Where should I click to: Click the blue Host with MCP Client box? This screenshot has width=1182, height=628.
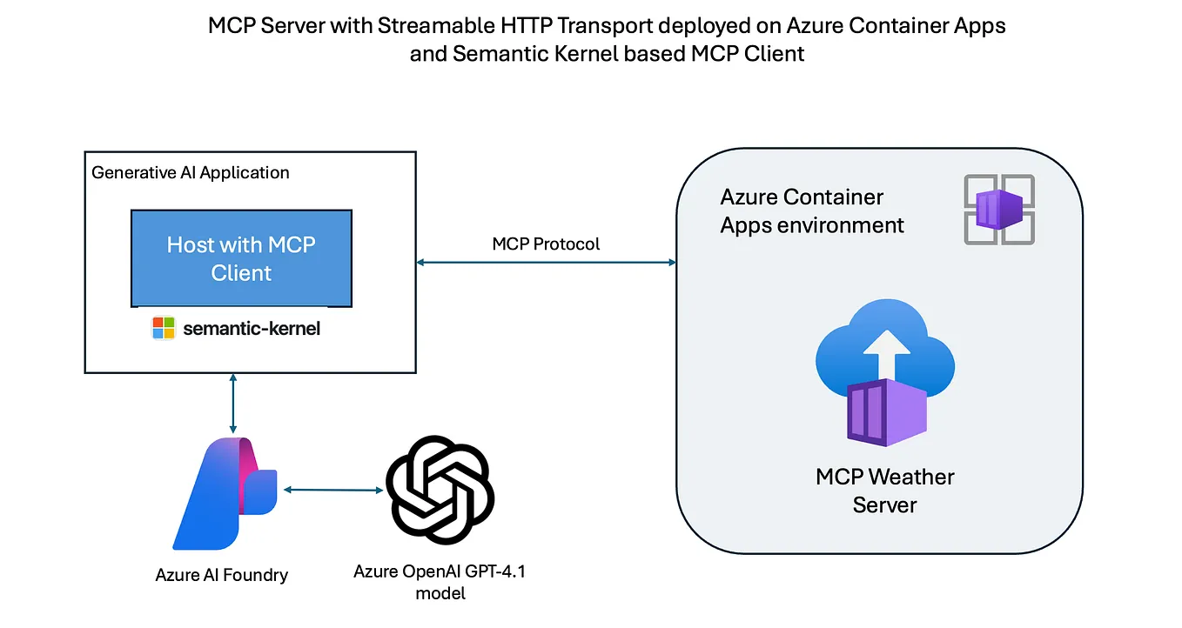(241, 258)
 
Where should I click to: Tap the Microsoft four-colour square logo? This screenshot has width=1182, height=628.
(164, 328)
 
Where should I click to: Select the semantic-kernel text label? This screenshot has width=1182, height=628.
(252, 329)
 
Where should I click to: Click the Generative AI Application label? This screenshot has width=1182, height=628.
(191, 172)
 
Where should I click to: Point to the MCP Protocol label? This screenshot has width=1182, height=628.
(546, 244)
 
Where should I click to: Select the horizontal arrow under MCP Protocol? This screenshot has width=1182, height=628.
(547, 262)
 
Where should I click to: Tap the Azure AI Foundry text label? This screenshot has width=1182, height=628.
(221, 575)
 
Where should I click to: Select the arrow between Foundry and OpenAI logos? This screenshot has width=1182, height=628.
(334, 490)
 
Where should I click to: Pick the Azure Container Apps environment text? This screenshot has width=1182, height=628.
(811, 211)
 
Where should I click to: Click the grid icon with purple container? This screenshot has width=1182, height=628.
(998, 210)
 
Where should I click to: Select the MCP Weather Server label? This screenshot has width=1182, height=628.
(884, 491)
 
